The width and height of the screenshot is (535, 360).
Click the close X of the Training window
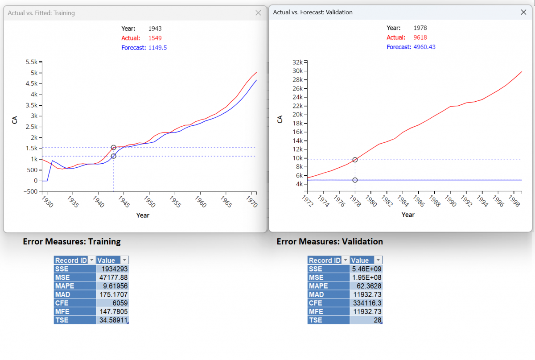[258, 13]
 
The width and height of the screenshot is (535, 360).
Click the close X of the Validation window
[524, 12]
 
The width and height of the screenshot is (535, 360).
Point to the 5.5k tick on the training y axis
[31, 62]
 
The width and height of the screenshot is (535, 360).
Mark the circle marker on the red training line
[114, 148]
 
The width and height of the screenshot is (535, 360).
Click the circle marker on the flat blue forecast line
[355, 180]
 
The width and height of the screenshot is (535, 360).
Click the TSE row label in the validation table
[315, 320]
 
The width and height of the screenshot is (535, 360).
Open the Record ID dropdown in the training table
[92, 261]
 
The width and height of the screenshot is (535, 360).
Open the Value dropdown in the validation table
[379, 261]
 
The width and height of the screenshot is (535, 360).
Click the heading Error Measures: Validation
[329, 241]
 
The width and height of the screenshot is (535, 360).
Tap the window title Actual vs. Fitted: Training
[41, 13]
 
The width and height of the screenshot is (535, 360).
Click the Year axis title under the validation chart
[408, 215]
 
